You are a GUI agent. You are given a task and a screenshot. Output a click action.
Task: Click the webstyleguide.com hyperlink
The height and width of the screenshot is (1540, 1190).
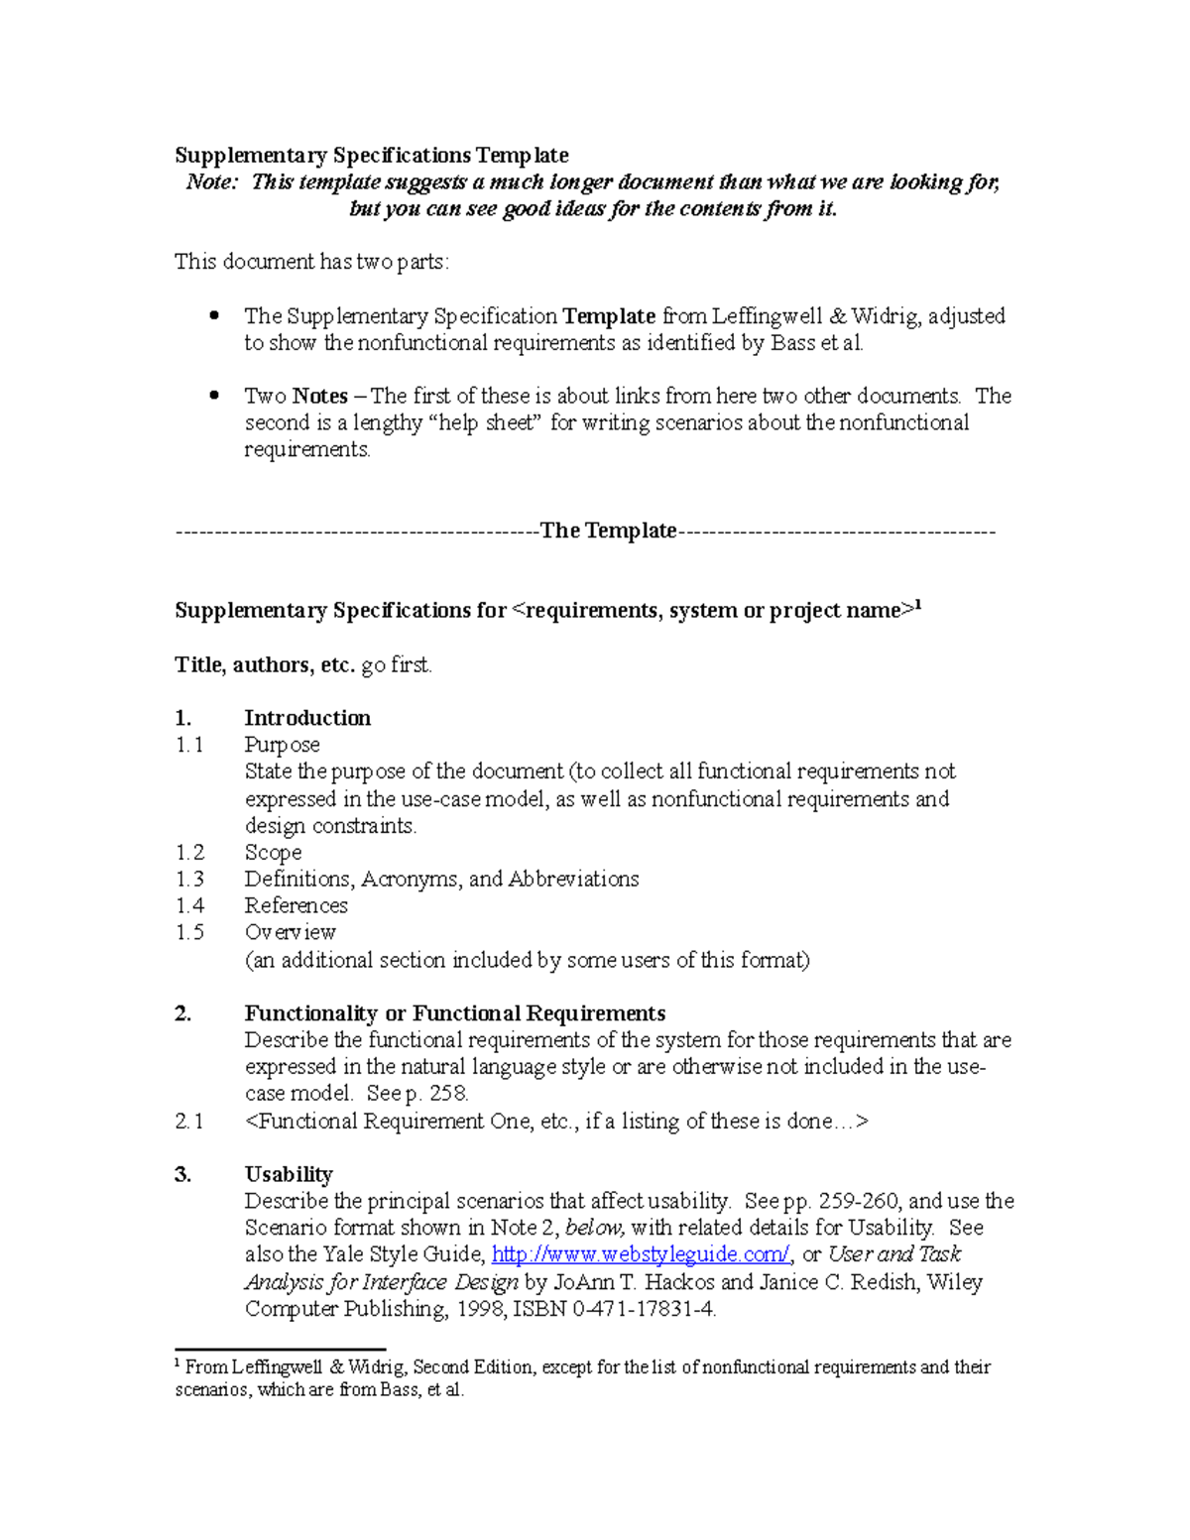(x=641, y=1254)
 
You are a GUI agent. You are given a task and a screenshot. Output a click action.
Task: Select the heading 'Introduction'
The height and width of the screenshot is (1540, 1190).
(x=307, y=718)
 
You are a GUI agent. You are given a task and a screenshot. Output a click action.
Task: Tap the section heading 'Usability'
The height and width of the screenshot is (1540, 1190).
(x=289, y=1175)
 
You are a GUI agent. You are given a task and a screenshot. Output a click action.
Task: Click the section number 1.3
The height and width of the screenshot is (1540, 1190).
(x=189, y=880)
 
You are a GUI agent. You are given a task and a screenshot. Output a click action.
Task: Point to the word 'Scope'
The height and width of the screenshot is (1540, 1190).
(x=273, y=853)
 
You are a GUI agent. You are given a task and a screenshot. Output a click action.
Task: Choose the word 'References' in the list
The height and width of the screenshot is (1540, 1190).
(x=296, y=906)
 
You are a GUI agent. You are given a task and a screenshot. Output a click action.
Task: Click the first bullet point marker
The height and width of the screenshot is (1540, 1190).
(x=214, y=315)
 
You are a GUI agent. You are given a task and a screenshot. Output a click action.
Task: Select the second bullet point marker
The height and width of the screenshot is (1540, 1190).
(x=214, y=395)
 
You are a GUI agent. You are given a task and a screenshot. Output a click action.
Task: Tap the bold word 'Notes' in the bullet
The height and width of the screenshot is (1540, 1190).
(x=319, y=397)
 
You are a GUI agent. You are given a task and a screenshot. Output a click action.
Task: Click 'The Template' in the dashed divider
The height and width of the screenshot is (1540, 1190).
(x=608, y=531)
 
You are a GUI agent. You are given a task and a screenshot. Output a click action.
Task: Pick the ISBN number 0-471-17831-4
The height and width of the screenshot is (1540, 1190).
(x=643, y=1309)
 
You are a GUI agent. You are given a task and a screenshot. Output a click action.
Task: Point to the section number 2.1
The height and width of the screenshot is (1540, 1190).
(x=189, y=1122)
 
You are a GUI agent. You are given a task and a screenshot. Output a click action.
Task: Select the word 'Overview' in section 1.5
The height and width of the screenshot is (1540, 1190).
(x=290, y=933)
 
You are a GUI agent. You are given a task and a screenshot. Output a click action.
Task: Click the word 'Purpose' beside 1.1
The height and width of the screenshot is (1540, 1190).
(x=282, y=745)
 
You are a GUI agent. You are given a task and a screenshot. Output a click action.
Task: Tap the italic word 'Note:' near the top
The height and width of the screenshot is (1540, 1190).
(x=212, y=182)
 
